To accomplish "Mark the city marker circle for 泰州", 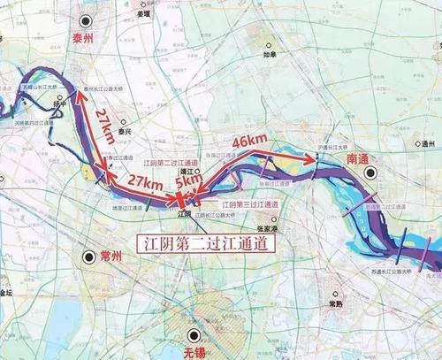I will (85, 20).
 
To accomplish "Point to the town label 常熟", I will (335, 300).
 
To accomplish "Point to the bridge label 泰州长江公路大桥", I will (101, 89).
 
